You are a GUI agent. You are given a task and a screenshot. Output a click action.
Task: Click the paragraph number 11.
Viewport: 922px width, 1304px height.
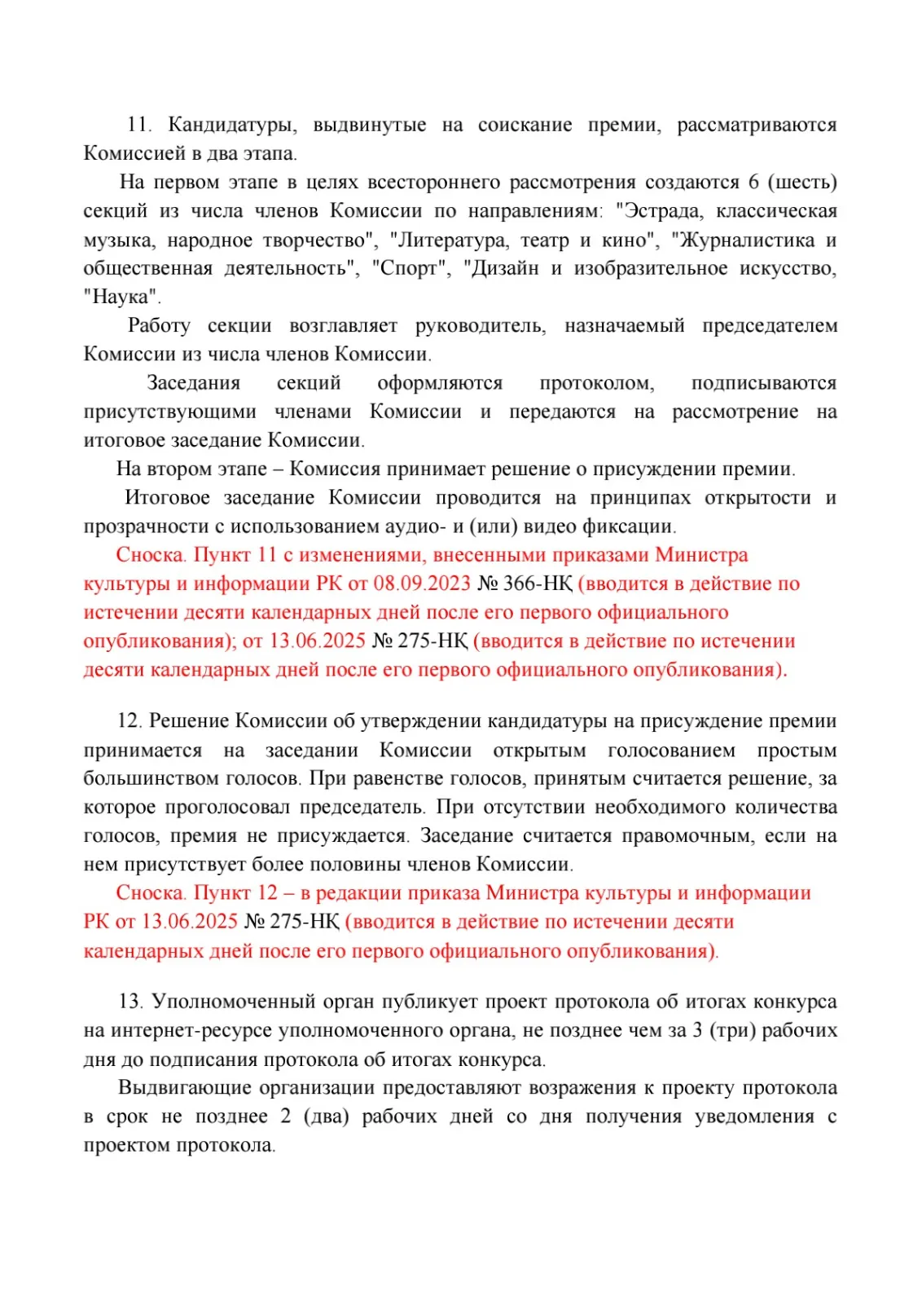coord(138,125)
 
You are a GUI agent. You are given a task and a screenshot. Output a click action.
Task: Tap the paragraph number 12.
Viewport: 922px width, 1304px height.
coord(129,721)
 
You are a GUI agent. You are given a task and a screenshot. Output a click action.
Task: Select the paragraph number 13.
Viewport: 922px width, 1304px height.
coord(130,1002)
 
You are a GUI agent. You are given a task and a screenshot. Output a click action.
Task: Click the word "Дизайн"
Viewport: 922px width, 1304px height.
coord(501,269)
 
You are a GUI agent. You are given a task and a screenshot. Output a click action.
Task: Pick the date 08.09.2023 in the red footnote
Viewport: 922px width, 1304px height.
coord(422,584)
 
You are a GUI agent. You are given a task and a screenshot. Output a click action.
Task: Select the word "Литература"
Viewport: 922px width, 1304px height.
coord(449,240)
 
